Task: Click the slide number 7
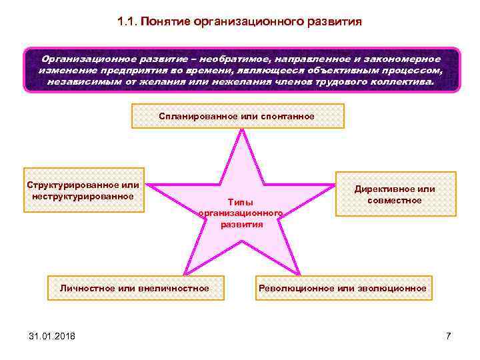(x=449, y=335)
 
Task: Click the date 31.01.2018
(x=52, y=335)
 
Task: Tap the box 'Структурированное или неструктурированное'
(x=83, y=190)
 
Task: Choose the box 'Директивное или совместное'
(x=395, y=194)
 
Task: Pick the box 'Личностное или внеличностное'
(x=134, y=288)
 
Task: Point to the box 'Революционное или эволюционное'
(x=342, y=288)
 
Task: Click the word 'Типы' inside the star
(x=241, y=201)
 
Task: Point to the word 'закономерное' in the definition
(x=401, y=59)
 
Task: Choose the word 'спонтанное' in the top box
(x=287, y=116)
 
